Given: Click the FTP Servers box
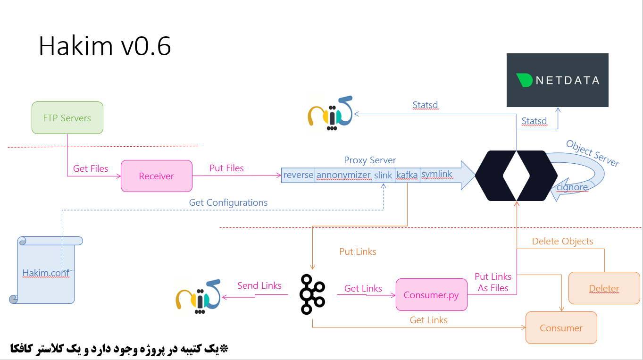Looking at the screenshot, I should coord(67,118).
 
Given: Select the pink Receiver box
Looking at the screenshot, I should coord(156,176).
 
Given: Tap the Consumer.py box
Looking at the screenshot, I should coord(431,295).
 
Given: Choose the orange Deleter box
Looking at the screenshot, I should coord(604,288).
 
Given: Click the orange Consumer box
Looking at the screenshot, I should coord(561,328).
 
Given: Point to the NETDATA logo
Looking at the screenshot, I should coord(557,80).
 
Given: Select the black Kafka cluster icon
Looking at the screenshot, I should coord(312,294).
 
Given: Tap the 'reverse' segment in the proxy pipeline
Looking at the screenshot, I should coord(298,175).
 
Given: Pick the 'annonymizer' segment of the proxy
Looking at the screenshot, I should coord(343,175).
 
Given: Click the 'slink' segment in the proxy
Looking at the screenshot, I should coord(383,175).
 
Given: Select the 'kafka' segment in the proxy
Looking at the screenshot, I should coord(407,175).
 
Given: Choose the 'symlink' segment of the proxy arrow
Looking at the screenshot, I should coord(436,174).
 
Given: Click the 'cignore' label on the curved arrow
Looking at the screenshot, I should coord(572,187).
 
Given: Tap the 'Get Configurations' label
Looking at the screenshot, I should coord(228,202).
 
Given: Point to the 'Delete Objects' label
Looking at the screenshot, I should coord(562,241).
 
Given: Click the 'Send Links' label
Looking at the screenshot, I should coord(259,285).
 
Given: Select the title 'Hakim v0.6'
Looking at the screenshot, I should coord(105,46).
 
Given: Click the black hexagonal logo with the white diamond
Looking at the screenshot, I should coord(517,176).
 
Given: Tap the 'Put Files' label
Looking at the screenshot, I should coord(226,168).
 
